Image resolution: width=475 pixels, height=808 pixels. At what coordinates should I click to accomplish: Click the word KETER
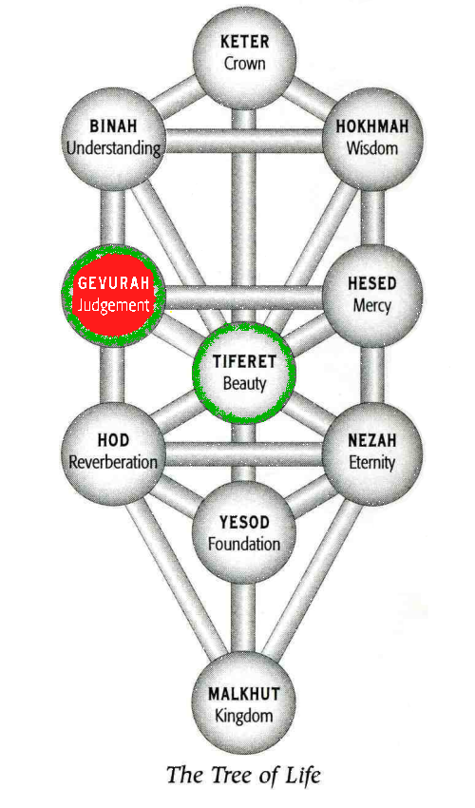245,42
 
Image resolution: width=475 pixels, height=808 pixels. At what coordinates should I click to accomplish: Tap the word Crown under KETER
245,64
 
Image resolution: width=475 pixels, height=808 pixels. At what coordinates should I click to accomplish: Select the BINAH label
113,126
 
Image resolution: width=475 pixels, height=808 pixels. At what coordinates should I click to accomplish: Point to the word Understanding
113,149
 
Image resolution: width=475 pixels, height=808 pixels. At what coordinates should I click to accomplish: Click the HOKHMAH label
372,126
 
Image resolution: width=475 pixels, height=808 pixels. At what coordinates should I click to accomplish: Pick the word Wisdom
372,148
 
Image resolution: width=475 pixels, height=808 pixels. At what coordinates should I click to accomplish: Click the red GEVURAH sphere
113,297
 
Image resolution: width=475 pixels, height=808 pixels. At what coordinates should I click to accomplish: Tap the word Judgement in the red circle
113,305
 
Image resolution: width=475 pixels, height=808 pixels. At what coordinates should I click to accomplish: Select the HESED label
372,283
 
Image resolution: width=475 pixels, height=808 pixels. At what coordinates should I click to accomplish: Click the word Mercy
372,305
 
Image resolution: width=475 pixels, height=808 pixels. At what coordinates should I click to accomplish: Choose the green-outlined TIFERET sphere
244,372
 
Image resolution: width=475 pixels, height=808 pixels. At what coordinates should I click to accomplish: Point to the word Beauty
244,384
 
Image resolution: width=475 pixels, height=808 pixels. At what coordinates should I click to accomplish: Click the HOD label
113,440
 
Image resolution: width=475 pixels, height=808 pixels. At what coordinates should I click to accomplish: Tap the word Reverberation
113,462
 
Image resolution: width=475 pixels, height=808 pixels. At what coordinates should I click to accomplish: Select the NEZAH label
372,440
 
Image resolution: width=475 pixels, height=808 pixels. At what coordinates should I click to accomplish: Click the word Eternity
372,463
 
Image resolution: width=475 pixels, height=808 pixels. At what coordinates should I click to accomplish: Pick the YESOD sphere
244,533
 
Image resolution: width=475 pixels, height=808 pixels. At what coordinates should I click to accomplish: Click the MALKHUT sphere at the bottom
244,704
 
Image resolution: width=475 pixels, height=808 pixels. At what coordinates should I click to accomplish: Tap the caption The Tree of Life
244,775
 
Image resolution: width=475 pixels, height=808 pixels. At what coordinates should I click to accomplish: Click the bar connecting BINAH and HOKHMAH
244,141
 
